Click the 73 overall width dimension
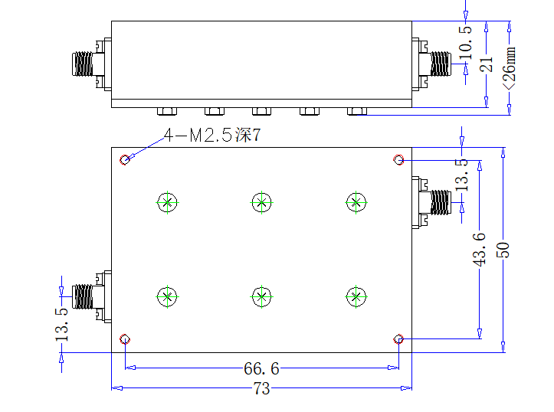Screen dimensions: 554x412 pos(261,388)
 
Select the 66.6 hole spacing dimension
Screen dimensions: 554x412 pos(261,368)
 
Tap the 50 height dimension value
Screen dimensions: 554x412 pos(503,250)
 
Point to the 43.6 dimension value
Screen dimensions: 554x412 pos(480,249)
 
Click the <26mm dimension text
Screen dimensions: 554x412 pos(509,68)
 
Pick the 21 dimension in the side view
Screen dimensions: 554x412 pos(486,64)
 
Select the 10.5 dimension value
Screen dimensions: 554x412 pos(465,42)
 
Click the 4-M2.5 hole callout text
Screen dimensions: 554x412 pos(212,135)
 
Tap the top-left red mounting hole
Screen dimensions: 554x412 pos(125,160)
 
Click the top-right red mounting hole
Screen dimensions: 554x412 pos(398,159)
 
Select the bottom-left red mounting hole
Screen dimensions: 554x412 pos(125,339)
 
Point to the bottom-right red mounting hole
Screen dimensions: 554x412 pos(398,339)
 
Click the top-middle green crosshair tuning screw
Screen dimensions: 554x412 pos(261,203)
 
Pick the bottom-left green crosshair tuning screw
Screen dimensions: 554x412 pos(168,296)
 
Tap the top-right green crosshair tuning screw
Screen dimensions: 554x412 pos(356,203)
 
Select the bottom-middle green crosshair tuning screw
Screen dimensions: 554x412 pos(261,296)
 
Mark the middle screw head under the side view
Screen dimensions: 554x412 pos(261,112)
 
